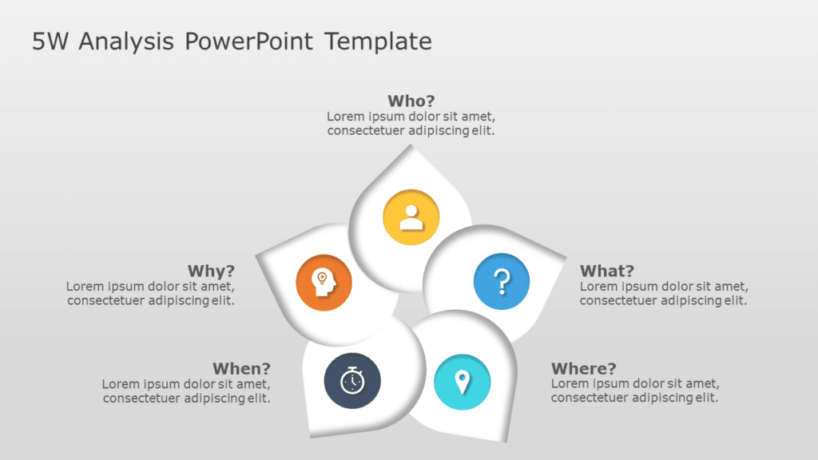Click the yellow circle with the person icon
411,216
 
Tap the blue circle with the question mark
502,281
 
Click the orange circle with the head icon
324,282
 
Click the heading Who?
411,101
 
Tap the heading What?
606,271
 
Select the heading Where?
583,368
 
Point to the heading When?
241,368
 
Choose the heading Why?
211,271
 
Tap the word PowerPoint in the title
249,42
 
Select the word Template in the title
378,42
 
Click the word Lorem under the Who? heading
344,117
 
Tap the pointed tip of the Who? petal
411,146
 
